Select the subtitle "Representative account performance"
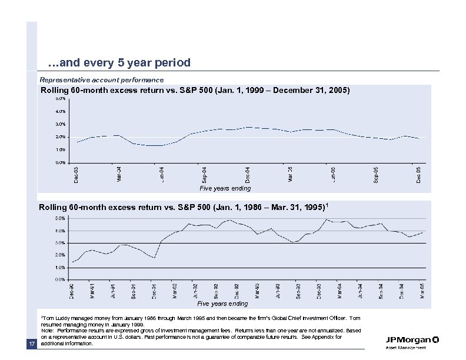(x=101, y=79)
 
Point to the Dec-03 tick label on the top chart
(x=75, y=174)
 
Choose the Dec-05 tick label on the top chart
(x=419, y=174)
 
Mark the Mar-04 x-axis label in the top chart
(x=119, y=174)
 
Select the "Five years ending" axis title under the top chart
(x=224, y=188)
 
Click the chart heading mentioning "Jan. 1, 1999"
(x=195, y=91)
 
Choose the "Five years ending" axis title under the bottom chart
(x=222, y=304)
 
